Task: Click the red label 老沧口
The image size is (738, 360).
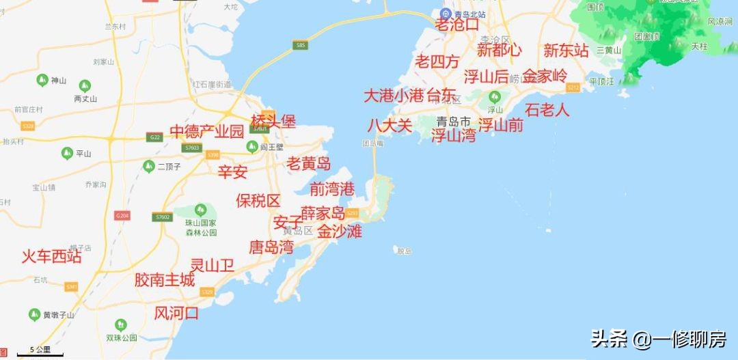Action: point(457,25)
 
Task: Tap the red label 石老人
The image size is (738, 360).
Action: point(547,109)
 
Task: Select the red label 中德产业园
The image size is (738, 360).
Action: point(206,132)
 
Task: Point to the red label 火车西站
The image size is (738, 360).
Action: point(51,257)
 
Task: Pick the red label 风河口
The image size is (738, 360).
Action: point(176,314)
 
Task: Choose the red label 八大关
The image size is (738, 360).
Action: point(389,126)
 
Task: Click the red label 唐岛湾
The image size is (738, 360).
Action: point(271,247)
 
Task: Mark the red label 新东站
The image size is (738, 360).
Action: point(566,51)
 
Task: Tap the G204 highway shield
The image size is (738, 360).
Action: point(122,216)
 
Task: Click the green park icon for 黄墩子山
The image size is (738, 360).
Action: point(35,314)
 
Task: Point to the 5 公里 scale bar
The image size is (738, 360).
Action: point(38,352)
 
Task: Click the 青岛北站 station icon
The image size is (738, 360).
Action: point(445,13)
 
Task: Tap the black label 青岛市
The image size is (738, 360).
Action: point(454,122)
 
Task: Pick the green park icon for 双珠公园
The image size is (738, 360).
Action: point(121,324)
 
